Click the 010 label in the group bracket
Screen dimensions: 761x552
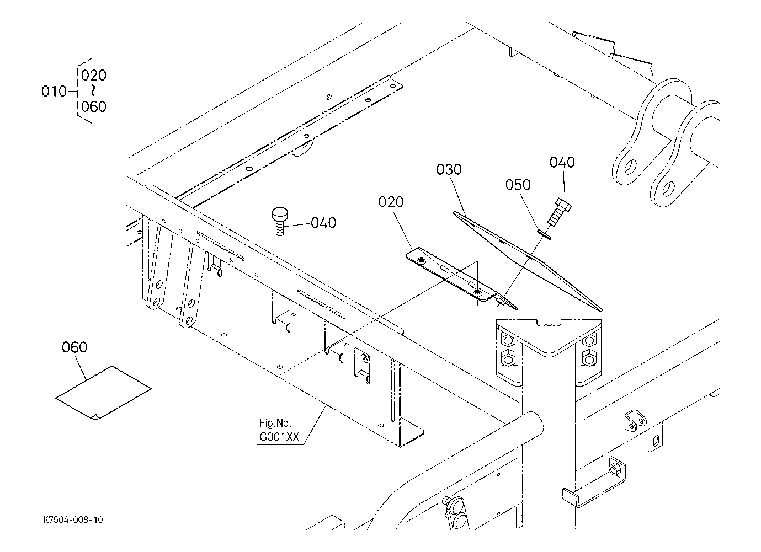pyautogui.click(x=54, y=92)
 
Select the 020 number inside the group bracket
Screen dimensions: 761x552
pyautogui.click(x=94, y=76)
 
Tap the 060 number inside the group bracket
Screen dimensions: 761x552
pyautogui.click(x=94, y=107)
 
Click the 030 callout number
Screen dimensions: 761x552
pyautogui.click(x=449, y=169)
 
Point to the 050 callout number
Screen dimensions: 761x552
pyautogui.click(x=518, y=185)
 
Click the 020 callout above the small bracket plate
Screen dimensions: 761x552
pyautogui.click(x=391, y=202)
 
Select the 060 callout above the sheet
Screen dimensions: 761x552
pyautogui.click(x=74, y=347)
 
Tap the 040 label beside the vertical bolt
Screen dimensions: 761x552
pyautogui.click(x=323, y=223)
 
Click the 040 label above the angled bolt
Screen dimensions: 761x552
pyautogui.click(x=562, y=163)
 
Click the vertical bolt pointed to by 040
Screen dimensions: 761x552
pyautogui.click(x=280, y=221)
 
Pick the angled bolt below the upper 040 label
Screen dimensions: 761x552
pyautogui.click(x=559, y=212)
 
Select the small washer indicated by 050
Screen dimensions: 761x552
pyautogui.click(x=544, y=234)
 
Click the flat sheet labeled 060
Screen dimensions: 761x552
pyautogui.click(x=103, y=393)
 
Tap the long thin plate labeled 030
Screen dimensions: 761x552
pyautogui.click(x=527, y=261)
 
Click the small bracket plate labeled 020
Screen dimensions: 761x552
pyautogui.click(x=462, y=279)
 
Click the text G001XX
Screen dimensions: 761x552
pyautogui.click(x=279, y=437)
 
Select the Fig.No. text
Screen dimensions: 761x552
pyautogui.click(x=275, y=423)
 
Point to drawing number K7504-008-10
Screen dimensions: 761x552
pyautogui.click(x=73, y=520)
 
